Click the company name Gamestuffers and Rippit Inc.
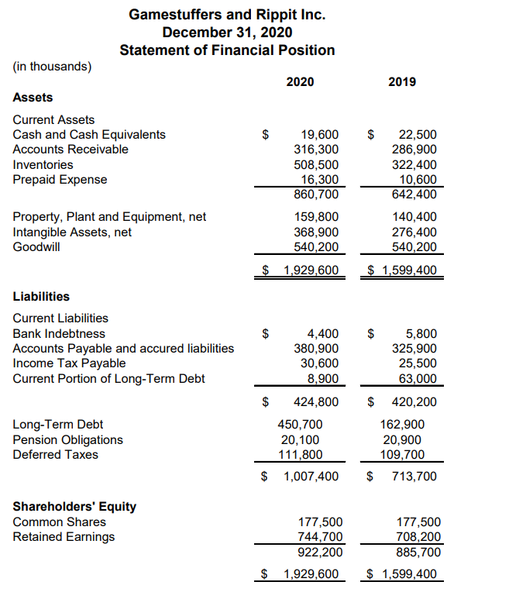(227, 14)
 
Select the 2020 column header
(300, 81)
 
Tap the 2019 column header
(401, 81)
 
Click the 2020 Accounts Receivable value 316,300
(316, 150)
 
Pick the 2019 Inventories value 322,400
(415, 164)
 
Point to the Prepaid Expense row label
(60, 180)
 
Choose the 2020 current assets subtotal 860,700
(316, 194)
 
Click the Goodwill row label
(36, 247)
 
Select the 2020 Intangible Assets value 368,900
(316, 232)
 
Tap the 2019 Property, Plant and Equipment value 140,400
(415, 217)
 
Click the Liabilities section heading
(41, 296)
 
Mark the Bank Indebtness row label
(60, 334)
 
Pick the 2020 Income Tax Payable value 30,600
(320, 363)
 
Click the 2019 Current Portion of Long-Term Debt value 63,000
(418, 379)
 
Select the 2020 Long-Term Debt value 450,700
(301, 425)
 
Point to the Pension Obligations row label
(67, 439)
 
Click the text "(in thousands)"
(52, 66)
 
